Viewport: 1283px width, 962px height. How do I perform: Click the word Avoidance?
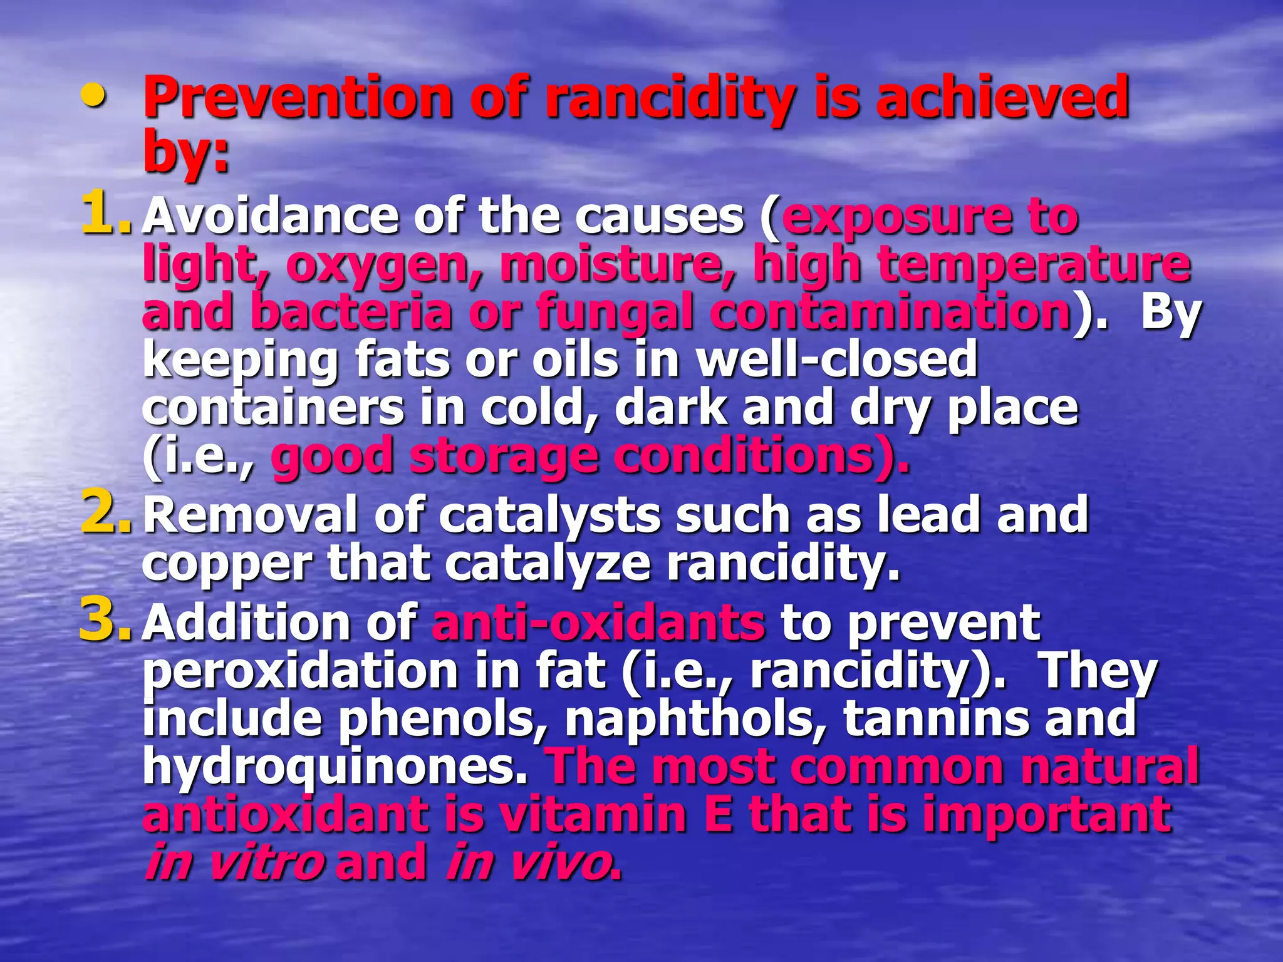(x=270, y=216)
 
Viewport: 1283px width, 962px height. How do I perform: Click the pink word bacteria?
(x=351, y=312)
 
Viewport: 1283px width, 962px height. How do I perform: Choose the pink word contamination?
(x=890, y=312)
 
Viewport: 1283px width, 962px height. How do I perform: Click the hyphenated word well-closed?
(x=837, y=359)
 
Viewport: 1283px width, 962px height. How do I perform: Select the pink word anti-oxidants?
(x=598, y=623)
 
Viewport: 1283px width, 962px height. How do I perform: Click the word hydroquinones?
(x=335, y=768)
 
